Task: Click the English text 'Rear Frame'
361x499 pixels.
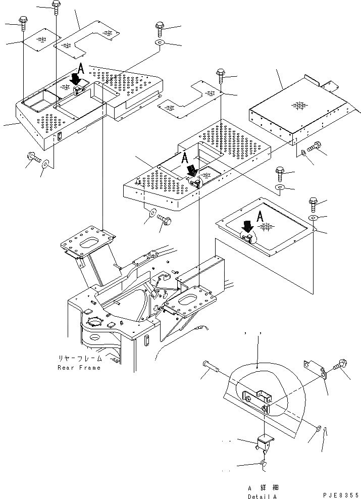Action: pos(79,367)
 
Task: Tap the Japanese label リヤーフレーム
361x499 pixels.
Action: pos(80,359)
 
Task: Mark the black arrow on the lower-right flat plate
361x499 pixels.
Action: pos(247,227)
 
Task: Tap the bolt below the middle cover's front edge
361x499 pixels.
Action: pos(165,220)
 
